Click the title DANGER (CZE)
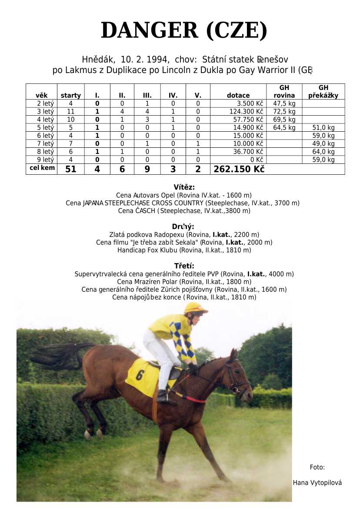pyautogui.click(x=184, y=31)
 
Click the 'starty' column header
pyautogui.click(x=70, y=95)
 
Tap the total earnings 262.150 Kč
pyautogui.click(x=239, y=170)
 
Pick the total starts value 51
pyautogui.click(x=70, y=170)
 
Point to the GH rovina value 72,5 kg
pyautogui.click(x=284, y=112)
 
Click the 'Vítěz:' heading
pyautogui.click(x=184, y=187)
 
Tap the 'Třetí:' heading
pyautogui.click(x=184, y=266)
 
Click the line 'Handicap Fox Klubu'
pyautogui.click(x=184, y=250)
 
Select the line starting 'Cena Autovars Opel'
pyautogui.click(x=184, y=195)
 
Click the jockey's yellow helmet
pyautogui.click(x=195, y=308)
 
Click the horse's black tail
pyautogui.click(x=61, y=354)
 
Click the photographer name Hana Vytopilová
pyautogui.click(x=317, y=482)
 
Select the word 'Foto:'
pyautogui.click(x=317, y=467)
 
